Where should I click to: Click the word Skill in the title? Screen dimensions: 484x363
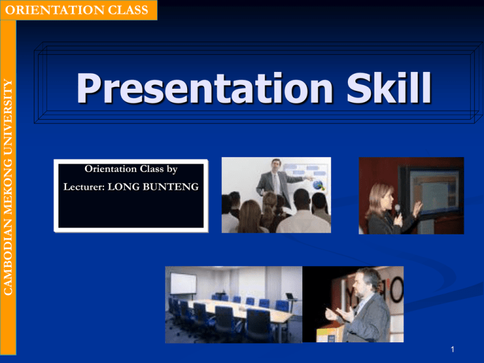pos(389,87)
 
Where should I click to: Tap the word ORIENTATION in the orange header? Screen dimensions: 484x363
pos(54,10)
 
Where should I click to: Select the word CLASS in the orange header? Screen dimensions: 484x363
pos(128,10)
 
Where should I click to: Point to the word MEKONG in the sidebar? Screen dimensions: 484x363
pos(8,186)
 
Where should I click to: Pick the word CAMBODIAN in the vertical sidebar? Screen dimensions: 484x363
pos(8,256)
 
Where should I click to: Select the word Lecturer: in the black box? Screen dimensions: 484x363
pos(84,187)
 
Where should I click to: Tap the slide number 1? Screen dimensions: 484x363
pos(452,349)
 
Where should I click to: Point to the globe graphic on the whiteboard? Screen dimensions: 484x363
pos(318,185)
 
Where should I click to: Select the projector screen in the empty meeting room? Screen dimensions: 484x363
pos(183,284)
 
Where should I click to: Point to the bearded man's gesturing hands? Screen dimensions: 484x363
pos(340,314)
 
